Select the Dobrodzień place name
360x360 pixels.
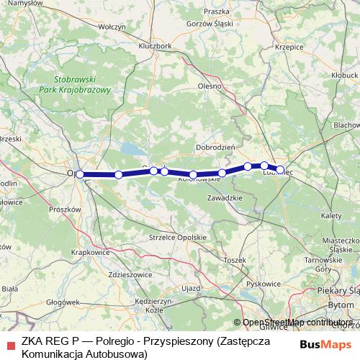coord(216,147)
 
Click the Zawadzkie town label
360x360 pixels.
coord(224,197)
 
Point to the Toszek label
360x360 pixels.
coord(235,259)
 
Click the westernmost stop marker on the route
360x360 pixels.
coord(80,174)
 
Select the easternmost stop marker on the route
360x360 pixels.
coord(280,170)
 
